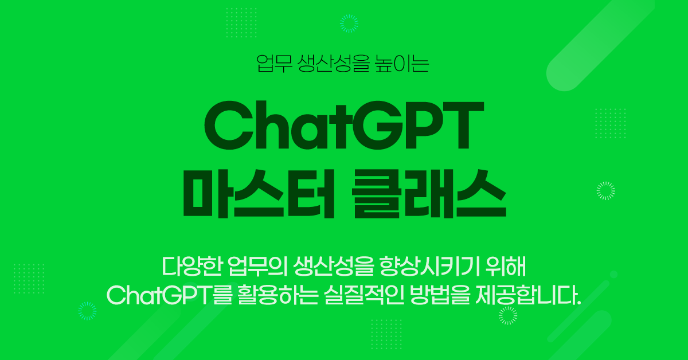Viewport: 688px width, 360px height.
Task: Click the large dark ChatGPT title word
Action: tap(344, 126)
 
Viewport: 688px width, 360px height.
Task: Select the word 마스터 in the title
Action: tap(259, 194)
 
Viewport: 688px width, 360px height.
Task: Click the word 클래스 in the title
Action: tap(429, 194)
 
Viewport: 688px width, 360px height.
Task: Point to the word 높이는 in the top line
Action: tap(402, 64)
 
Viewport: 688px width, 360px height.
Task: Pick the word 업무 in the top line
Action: tap(274, 64)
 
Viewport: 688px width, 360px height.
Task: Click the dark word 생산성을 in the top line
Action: tap(333, 64)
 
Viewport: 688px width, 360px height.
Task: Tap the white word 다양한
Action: tap(191, 267)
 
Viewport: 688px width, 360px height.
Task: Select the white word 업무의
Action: tap(257, 267)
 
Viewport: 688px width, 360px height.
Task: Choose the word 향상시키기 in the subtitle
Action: tap(429, 267)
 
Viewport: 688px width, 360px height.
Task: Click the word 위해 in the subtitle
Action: tap(506, 267)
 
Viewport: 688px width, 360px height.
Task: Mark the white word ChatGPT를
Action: tap(169, 295)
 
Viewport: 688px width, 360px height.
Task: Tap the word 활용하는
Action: tap(277, 295)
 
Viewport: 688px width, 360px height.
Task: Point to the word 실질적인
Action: tap(364, 295)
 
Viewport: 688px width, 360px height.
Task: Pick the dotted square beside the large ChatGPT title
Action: tap(610, 123)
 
